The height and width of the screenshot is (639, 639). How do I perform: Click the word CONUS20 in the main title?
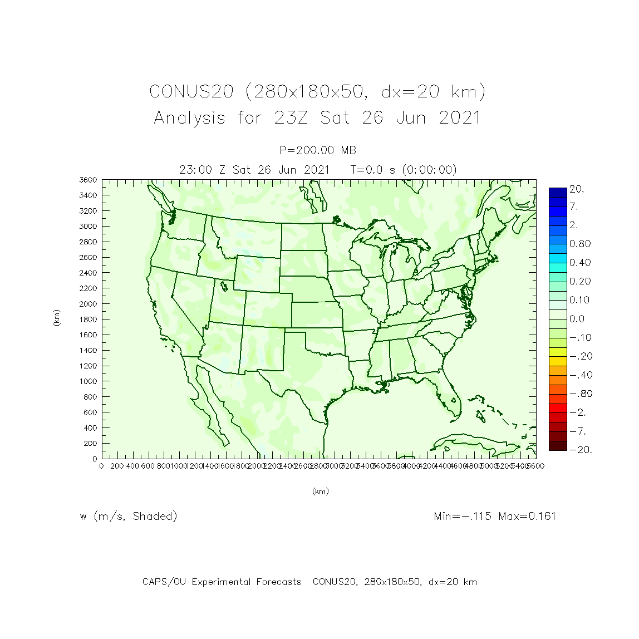(x=191, y=91)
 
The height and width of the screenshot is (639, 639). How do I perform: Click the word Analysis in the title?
(x=190, y=118)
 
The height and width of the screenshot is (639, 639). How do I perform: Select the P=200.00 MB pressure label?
(x=318, y=150)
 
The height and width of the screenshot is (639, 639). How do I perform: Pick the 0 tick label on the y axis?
(x=95, y=459)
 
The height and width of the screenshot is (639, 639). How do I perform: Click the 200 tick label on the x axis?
(x=117, y=466)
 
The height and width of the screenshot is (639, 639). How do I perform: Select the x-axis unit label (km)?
(x=320, y=491)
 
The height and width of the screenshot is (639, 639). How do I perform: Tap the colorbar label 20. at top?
(x=577, y=189)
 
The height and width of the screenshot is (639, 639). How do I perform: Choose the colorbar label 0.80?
(x=580, y=244)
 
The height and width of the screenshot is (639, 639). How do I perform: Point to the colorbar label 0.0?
(x=577, y=319)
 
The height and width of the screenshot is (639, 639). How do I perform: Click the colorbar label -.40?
(x=580, y=375)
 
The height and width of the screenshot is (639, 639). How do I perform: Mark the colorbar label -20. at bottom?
(x=580, y=450)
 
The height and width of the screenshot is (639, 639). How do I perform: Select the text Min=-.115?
(x=463, y=516)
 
